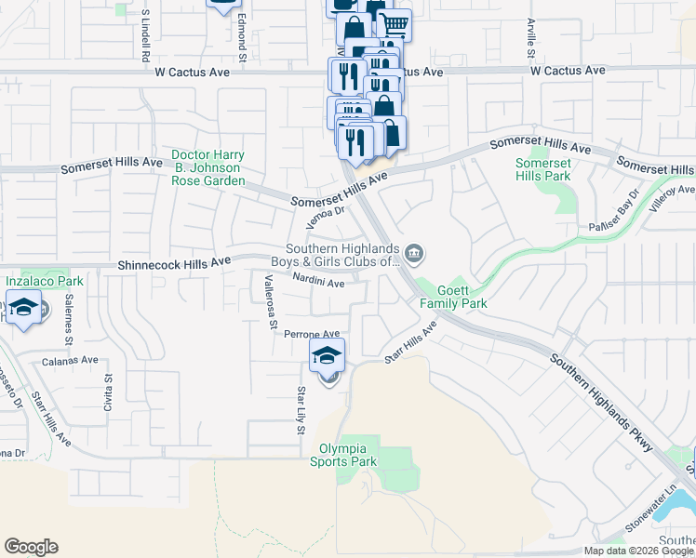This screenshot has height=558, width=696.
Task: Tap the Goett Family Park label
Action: pyautogui.click(x=453, y=298)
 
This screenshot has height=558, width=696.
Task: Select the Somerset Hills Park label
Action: pyautogui.click(x=542, y=169)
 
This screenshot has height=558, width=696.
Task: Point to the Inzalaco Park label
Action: pyautogui.click(x=38, y=279)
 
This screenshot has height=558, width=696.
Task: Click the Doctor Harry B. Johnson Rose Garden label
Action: pyautogui.click(x=208, y=167)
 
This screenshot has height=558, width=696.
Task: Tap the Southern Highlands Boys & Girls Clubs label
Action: pyautogui.click(x=341, y=255)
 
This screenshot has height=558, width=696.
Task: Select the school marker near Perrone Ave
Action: pyautogui.click(x=327, y=355)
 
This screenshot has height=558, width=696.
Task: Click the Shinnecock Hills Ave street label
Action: pyautogui.click(x=174, y=264)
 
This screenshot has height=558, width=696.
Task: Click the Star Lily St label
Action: pyautogui.click(x=301, y=409)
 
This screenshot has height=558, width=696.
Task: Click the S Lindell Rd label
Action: pyautogui.click(x=146, y=38)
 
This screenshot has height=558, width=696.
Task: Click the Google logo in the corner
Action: pyautogui.click(x=31, y=547)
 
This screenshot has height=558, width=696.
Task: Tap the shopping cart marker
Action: pyautogui.click(x=395, y=24)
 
